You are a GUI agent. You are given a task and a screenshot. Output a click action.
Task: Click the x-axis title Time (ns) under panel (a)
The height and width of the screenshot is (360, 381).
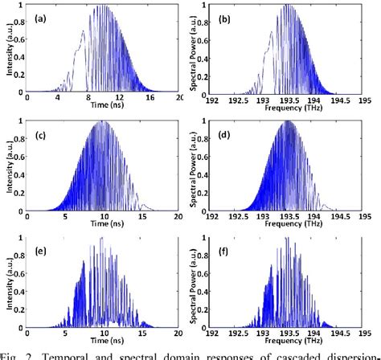pos(102,104)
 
